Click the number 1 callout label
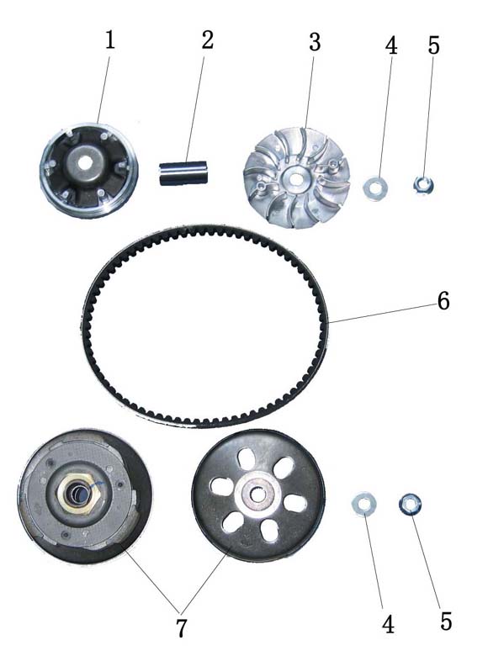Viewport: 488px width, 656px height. click(109, 40)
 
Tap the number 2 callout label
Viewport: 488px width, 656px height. click(207, 40)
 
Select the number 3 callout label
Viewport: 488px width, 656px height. click(315, 42)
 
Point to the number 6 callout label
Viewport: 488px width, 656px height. click(443, 301)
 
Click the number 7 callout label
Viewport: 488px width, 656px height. click(181, 627)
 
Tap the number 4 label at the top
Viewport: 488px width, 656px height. click(391, 45)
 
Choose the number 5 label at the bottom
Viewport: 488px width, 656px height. click(446, 622)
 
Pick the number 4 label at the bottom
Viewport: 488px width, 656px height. click(388, 625)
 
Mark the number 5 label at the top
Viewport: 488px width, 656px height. click(434, 45)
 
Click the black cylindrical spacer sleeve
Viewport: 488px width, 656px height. click(183, 172)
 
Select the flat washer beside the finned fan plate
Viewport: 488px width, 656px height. click(375, 188)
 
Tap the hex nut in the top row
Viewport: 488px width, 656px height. click(423, 185)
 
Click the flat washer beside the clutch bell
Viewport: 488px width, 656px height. click(363, 504)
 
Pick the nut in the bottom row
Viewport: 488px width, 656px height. click(410, 504)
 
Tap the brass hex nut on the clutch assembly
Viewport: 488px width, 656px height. click(79, 495)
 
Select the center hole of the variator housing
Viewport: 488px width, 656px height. click(86, 163)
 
